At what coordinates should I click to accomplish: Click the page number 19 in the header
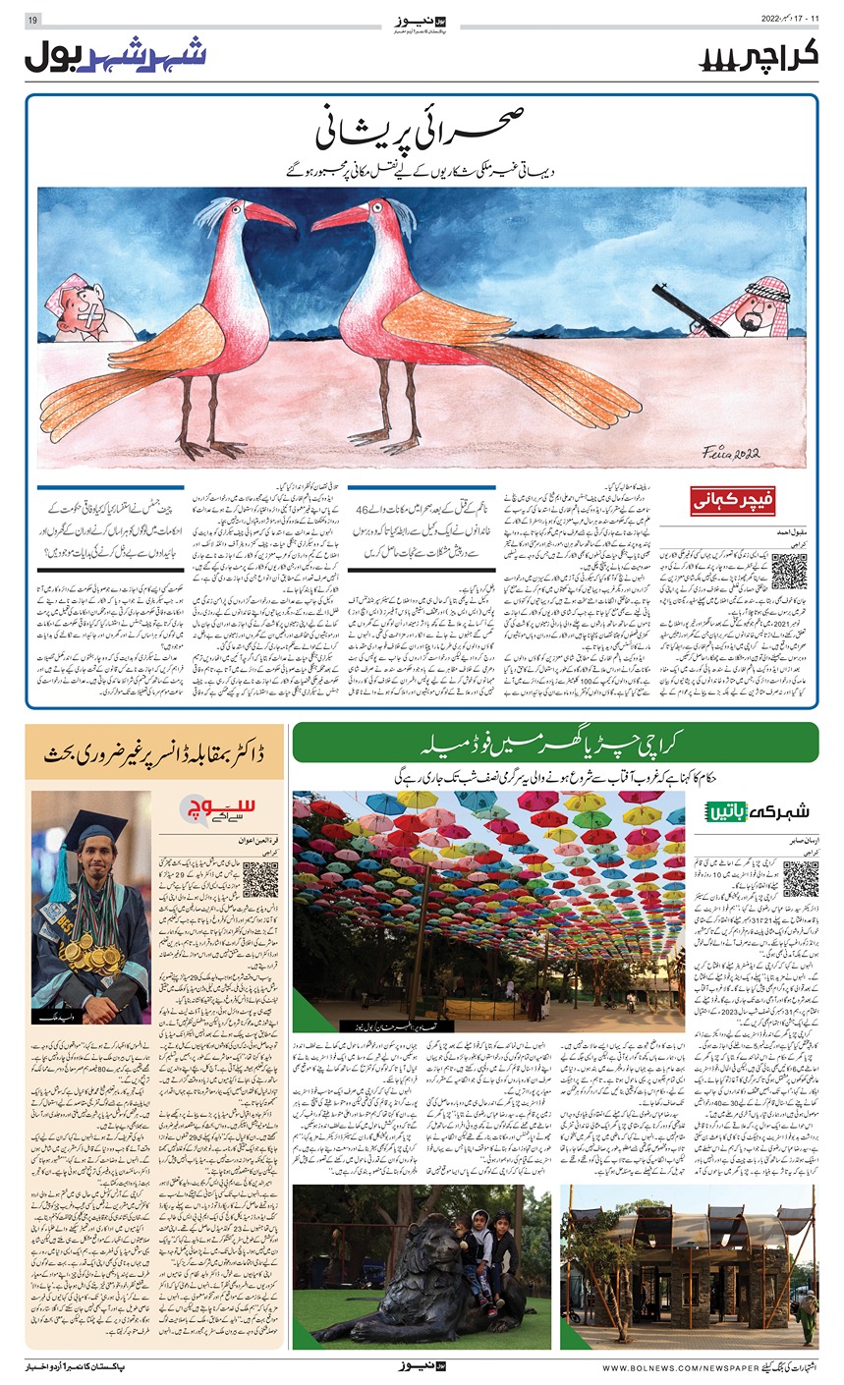point(31,21)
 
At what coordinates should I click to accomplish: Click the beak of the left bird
point(270,218)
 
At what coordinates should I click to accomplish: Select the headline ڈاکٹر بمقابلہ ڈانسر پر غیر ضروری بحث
point(154,753)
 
